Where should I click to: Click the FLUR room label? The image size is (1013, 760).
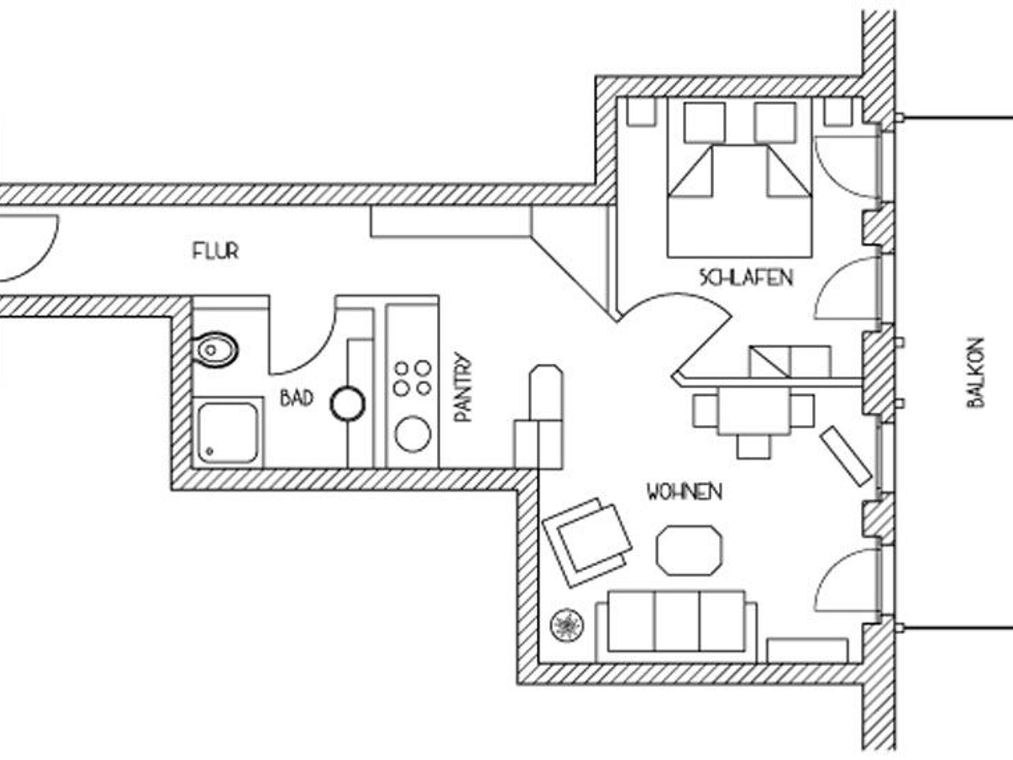point(215,251)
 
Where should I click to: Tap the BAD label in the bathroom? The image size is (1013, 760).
point(296,398)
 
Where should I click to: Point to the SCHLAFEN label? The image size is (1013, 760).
point(746,278)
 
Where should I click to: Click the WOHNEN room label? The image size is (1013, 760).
point(684,492)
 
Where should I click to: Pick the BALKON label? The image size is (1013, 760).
point(975,373)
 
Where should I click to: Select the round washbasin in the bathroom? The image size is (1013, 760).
point(347,404)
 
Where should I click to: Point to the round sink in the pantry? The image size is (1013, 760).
point(413,434)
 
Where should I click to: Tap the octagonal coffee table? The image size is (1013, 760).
point(689,550)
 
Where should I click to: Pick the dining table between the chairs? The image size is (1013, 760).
point(754,411)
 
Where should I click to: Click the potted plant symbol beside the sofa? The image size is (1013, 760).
point(567,625)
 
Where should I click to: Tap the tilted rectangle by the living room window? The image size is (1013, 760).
point(845,455)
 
